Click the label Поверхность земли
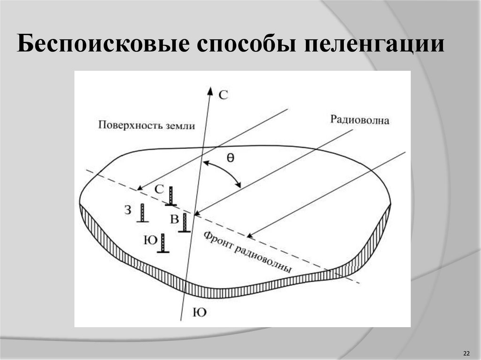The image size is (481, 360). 147,125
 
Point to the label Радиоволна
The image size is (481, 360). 360,120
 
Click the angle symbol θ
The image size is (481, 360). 230,159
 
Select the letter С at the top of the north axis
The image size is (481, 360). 224,95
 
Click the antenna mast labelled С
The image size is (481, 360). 171,196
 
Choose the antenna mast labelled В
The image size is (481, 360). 185,223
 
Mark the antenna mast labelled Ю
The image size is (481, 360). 163,244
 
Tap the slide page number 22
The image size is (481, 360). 466,353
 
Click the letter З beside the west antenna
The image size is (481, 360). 128,210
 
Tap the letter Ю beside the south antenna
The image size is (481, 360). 149,240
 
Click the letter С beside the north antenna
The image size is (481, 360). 159,189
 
